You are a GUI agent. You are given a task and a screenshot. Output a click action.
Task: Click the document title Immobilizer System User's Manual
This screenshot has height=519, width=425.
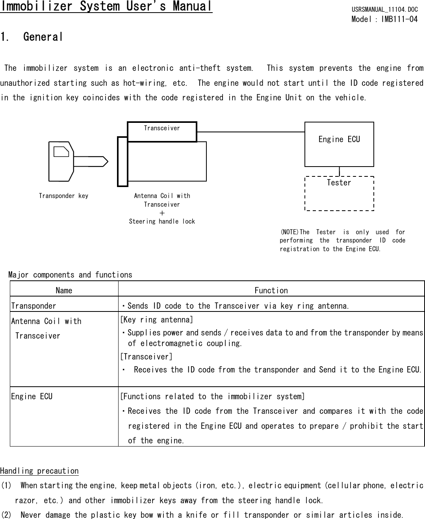coord(106,7)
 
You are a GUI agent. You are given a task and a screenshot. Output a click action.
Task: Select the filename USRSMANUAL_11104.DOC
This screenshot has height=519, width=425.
coord(384,9)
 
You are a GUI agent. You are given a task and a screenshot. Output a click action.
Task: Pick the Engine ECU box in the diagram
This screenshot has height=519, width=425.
coord(339,144)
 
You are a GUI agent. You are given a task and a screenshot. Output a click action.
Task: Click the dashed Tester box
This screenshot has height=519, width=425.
coord(339,194)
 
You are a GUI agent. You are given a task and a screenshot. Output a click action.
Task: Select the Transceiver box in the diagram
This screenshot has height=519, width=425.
coord(162,132)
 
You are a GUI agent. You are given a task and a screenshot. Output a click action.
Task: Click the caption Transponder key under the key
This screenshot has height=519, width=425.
coord(63,196)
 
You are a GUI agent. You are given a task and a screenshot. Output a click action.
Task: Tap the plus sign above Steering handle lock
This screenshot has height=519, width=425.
coord(162,213)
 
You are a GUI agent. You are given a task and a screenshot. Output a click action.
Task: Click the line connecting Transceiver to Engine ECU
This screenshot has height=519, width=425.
coord(251,132)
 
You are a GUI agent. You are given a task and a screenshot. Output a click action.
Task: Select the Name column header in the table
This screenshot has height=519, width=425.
coord(64,291)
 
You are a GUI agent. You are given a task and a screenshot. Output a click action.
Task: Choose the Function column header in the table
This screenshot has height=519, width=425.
coord(271,291)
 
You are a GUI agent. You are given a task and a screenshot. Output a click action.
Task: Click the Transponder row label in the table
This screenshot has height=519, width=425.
coord(34,306)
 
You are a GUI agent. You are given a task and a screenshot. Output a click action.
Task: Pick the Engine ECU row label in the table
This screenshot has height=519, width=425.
coord(32,397)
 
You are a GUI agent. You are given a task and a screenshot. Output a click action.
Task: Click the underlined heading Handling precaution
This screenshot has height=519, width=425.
coord(39,471)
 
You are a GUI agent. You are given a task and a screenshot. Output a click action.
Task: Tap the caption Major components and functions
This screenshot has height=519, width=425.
coord(70,275)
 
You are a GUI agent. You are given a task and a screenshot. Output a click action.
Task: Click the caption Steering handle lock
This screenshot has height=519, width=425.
coord(162,222)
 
